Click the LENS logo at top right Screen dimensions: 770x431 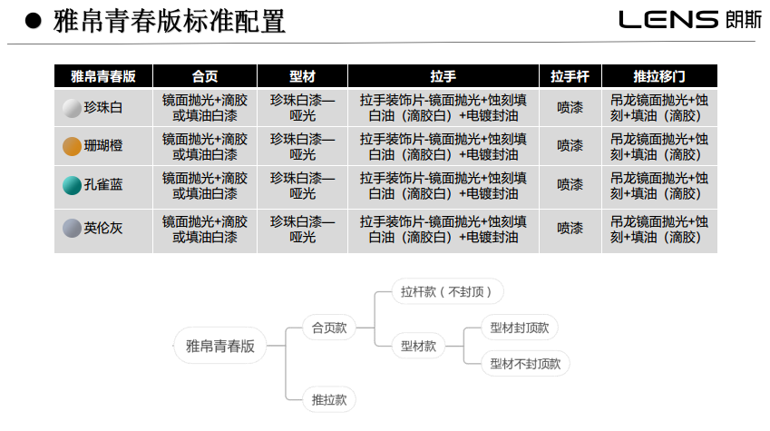690,20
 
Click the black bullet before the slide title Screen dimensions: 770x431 34,21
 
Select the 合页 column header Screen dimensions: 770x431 205,76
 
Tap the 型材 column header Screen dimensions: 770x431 303,76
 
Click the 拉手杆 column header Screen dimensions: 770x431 570,76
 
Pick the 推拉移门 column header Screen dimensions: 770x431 659,76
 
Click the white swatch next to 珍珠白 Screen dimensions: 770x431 72,108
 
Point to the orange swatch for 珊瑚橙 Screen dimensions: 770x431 72,146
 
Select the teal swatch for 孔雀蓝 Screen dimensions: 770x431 72,185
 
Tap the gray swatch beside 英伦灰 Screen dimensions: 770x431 72,228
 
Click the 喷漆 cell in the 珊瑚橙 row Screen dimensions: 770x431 570,146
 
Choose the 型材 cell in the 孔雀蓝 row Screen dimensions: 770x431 303,186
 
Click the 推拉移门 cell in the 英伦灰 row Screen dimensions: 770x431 659,230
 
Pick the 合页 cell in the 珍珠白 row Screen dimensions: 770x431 205,108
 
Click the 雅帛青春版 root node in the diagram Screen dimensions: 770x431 220,346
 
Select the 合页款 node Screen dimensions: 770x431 329,328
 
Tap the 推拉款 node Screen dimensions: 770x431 329,399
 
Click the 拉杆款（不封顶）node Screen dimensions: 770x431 447,291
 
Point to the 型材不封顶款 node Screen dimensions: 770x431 525,364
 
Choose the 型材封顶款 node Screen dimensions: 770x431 519,328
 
